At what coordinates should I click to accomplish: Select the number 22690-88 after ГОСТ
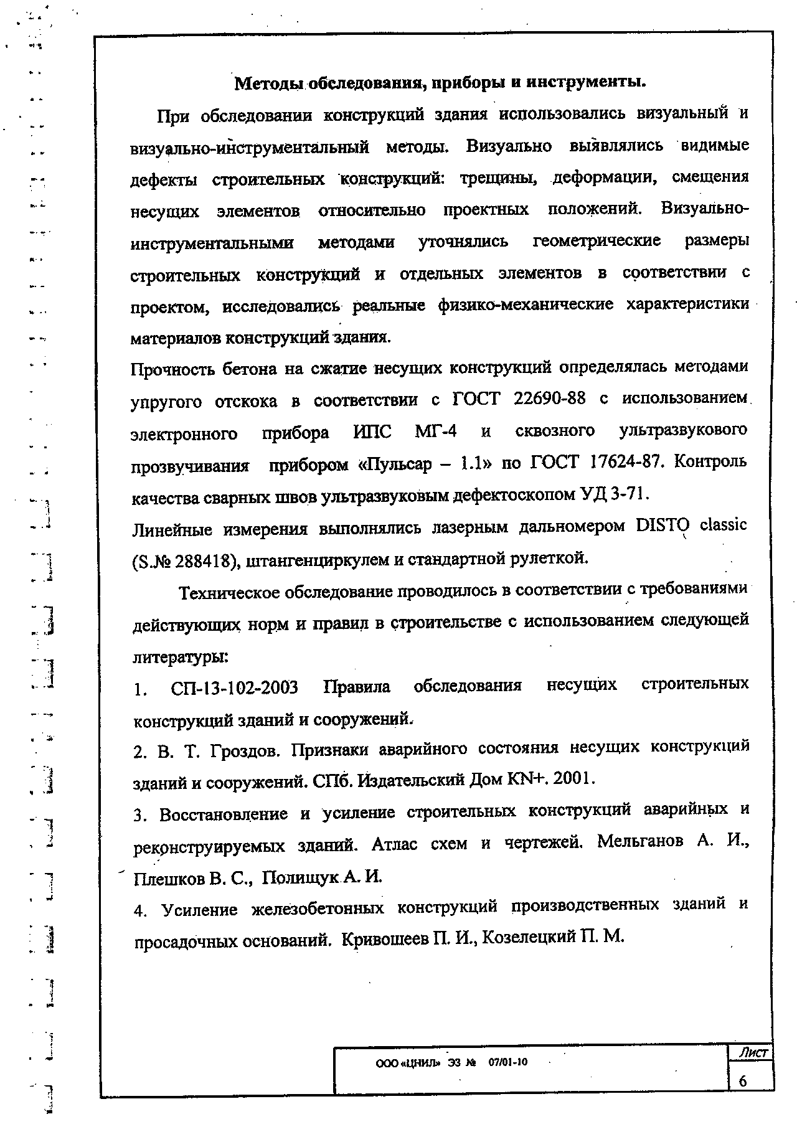click(550, 399)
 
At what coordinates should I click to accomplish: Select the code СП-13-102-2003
click(234, 688)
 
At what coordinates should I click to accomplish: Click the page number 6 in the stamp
click(743, 1082)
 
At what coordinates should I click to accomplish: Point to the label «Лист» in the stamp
click(752, 1053)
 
